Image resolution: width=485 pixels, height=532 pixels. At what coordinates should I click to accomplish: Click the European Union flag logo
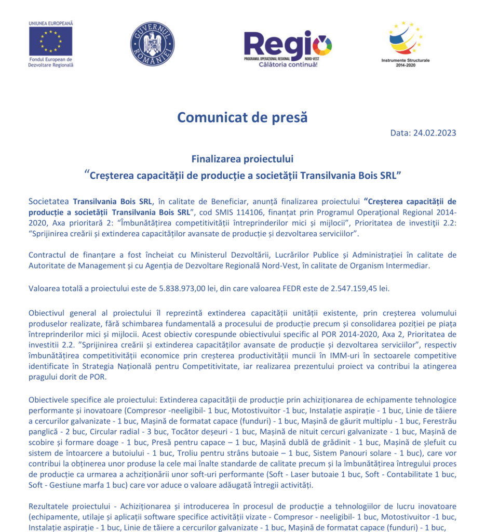click(x=50, y=41)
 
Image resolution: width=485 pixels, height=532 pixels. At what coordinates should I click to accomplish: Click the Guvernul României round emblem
click(x=152, y=44)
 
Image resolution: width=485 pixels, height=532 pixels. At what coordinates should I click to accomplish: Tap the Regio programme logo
click(x=287, y=44)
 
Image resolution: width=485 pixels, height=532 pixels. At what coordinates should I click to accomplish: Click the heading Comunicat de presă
click(x=242, y=117)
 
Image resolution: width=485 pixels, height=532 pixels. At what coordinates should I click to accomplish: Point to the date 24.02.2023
click(x=435, y=132)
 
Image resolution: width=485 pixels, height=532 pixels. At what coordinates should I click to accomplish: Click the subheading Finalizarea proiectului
click(x=242, y=158)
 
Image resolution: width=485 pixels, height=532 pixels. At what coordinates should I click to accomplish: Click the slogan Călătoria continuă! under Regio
click(x=288, y=64)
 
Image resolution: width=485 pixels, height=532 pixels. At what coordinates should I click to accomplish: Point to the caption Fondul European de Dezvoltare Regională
click(x=50, y=62)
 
